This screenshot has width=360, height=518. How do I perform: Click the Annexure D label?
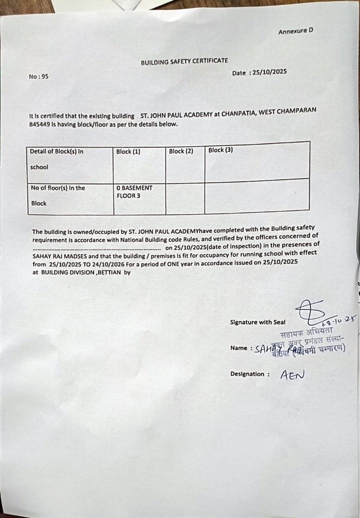(x=295, y=31)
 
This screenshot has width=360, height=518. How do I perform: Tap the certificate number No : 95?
(x=39, y=77)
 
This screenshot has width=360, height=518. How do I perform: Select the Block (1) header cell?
(x=128, y=151)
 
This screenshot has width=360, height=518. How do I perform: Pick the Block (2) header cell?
(x=181, y=151)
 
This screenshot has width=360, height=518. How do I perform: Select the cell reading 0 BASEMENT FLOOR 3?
(x=134, y=192)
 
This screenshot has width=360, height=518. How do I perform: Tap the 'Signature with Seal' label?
(x=257, y=322)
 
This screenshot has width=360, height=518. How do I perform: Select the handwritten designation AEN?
(x=293, y=374)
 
